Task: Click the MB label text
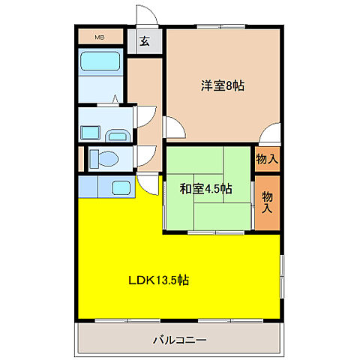click(x=100, y=37)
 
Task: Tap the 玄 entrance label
click(x=145, y=41)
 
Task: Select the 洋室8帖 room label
click(x=223, y=85)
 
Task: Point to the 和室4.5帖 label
click(x=205, y=189)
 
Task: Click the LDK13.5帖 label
click(x=159, y=280)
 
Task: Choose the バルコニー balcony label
click(x=180, y=340)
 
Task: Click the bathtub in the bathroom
click(x=100, y=61)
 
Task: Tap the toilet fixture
click(x=103, y=159)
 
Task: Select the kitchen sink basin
click(x=121, y=187)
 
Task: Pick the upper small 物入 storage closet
click(x=267, y=159)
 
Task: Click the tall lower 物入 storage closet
click(x=267, y=202)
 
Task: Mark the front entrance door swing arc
click(x=147, y=14)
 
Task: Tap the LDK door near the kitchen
click(x=148, y=184)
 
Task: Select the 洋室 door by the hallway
click(x=174, y=127)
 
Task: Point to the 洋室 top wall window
click(x=220, y=26)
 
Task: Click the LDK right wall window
click(x=282, y=276)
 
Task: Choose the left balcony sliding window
click(x=127, y=320)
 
